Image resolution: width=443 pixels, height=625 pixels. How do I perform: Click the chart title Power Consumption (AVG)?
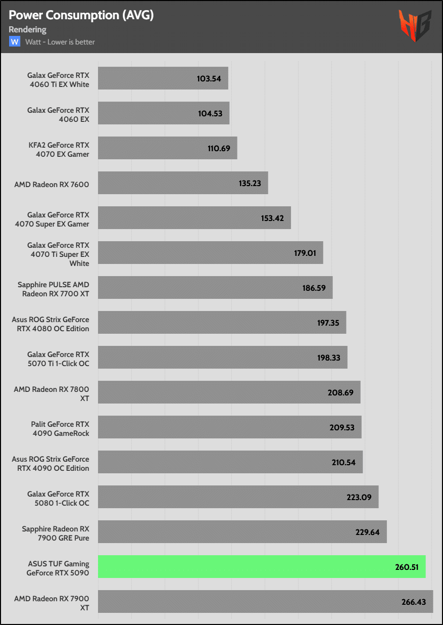tap(81, 15)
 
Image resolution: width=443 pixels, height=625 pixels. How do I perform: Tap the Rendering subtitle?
tap(27, 29)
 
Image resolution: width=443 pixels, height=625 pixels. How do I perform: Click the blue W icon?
tap(15, 41)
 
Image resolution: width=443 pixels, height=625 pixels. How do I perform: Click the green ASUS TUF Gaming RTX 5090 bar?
tap(262, 566)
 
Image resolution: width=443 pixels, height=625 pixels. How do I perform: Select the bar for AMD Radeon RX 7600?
tap(183, 183)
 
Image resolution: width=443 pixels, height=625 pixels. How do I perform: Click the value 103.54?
tap(209, 78)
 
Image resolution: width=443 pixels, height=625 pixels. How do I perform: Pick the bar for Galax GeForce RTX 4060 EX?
tap(164, 113)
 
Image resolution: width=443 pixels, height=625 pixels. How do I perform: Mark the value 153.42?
tap(272, 218)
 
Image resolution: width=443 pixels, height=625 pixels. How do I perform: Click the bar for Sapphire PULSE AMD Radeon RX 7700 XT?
tap(215, 287)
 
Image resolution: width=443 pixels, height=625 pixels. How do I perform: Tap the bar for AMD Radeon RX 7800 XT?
tap(229, 392)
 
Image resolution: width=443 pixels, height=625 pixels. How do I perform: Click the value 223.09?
tap(359, 497)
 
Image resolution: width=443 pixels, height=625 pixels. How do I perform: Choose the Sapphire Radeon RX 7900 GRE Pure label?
tap(56, 533)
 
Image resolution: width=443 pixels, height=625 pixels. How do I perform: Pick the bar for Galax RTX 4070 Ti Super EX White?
tap(210, 252)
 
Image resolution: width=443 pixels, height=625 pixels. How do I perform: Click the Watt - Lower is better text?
tap(60, 42)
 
